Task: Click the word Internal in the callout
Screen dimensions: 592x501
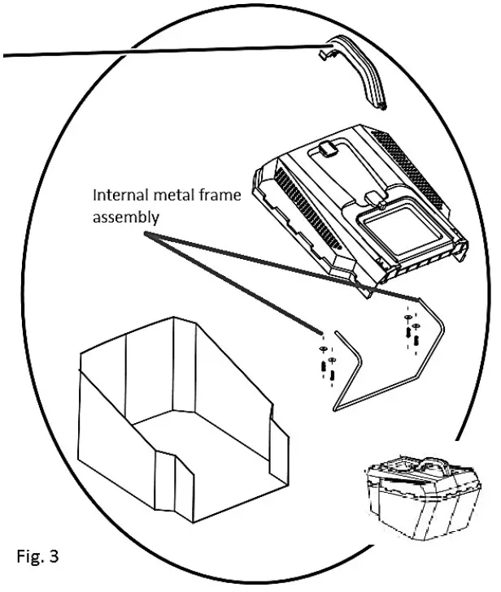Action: pyautogui.click(x=118, y=196)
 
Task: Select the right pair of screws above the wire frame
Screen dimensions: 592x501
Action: pyautogui.click(x=411, y=329)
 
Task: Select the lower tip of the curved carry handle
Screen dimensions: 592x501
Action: pyautogui.click(x=383, y=105)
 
